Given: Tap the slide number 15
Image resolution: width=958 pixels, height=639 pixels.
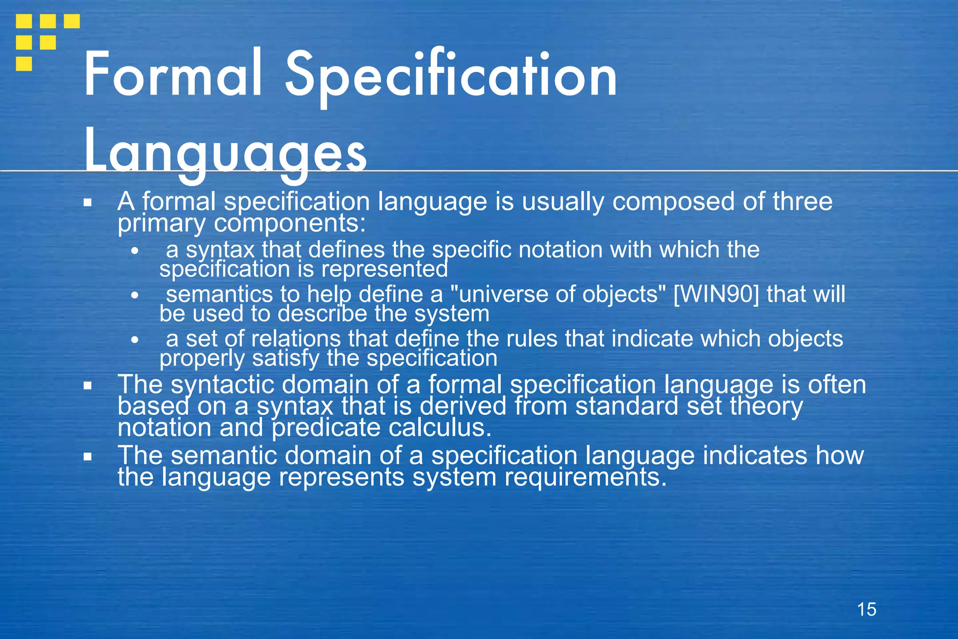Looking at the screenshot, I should [x=866, y=610].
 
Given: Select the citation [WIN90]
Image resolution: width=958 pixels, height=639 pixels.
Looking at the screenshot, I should [x=716, y=294].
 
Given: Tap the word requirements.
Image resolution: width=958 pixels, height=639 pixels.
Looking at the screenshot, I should [x=585, y=477].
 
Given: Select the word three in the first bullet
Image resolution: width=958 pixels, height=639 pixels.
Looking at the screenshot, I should [x=802, y=202].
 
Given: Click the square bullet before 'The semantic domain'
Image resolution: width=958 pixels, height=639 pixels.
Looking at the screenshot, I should [x=87, y=456].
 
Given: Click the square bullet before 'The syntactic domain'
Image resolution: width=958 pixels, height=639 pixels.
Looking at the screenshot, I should [x=87, y=386].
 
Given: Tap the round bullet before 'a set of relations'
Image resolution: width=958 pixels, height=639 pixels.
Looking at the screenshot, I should [x=135, y=340].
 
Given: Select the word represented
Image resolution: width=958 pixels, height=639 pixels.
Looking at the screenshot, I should [x=384, y=269].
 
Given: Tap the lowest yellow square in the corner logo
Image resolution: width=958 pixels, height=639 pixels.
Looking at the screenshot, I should [x=24, y=63].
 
